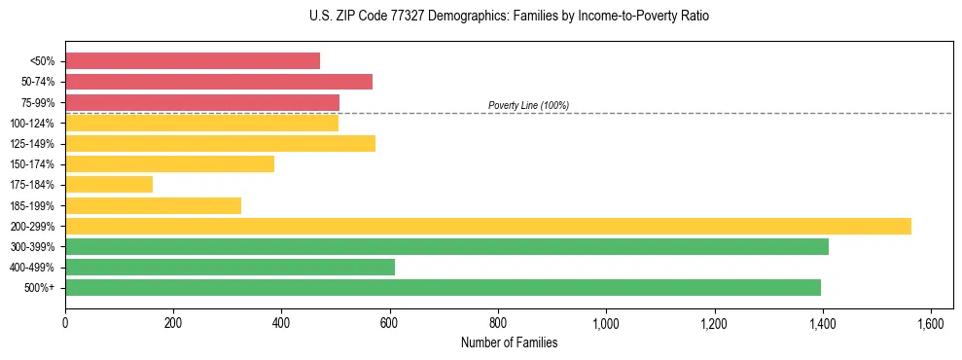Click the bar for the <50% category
(193, 61)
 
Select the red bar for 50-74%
(219, 82)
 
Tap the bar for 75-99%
(202, 102)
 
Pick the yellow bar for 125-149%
(220, 144)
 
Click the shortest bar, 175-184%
(109, 185)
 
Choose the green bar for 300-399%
(446, 247)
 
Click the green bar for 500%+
(443, 288)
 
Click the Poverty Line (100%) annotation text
(528, 105)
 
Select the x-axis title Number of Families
(509, 342)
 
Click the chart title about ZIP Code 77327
(503, 17)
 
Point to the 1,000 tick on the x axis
(606, 323)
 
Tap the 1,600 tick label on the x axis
(931, 323)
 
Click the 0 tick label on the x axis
(65, 323)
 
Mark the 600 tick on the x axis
(390, 323)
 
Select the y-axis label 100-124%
(32, 124)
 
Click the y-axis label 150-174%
(32, 164)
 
